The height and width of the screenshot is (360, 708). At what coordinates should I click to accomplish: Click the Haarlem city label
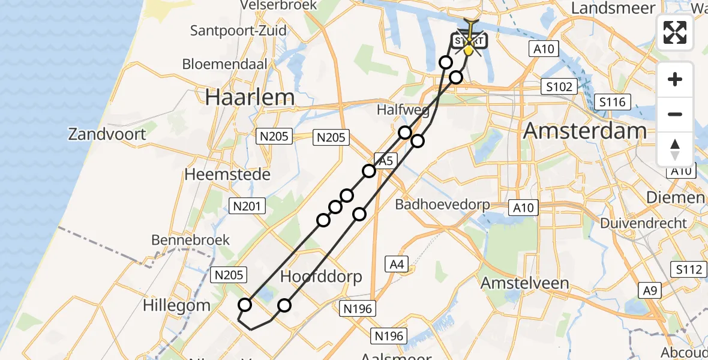250,97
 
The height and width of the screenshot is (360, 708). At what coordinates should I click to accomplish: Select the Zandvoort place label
107,133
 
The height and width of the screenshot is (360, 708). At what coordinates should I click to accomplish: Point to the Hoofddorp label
322,277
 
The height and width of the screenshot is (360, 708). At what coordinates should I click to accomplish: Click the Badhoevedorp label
442,205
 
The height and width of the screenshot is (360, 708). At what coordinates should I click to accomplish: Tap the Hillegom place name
176,305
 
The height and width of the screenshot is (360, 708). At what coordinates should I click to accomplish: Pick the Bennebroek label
191,240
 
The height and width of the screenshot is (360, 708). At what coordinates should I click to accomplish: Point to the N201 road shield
247,206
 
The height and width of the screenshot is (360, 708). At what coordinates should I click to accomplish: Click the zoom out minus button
675,114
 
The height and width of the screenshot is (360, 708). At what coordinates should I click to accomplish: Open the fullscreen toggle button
675,32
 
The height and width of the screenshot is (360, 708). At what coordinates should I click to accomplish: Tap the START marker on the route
469,41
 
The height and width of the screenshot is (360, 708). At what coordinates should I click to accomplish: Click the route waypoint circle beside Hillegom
245,305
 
